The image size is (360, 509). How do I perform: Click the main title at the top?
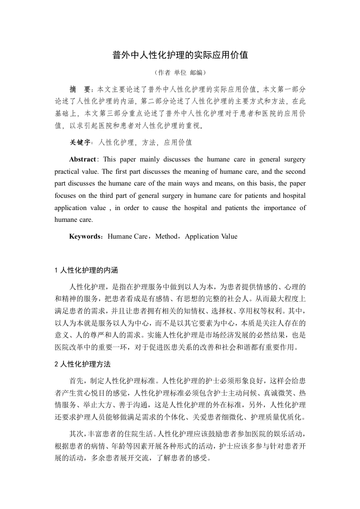pos(180,55)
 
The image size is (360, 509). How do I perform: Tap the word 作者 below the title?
pos(164,73)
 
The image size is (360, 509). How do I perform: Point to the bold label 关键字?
pos(80,142)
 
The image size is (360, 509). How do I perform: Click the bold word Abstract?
pos(82,159)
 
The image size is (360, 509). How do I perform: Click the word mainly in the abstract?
pos(148,159)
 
